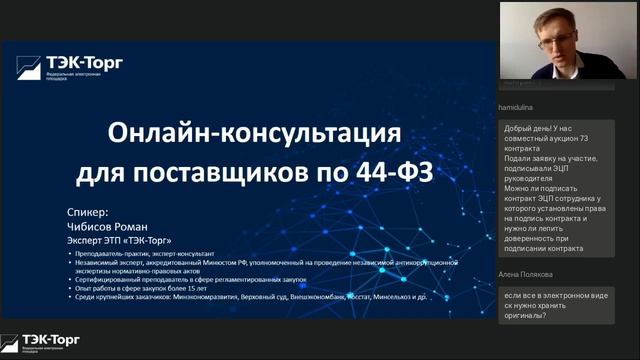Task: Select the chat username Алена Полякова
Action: [x=530, y=274]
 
